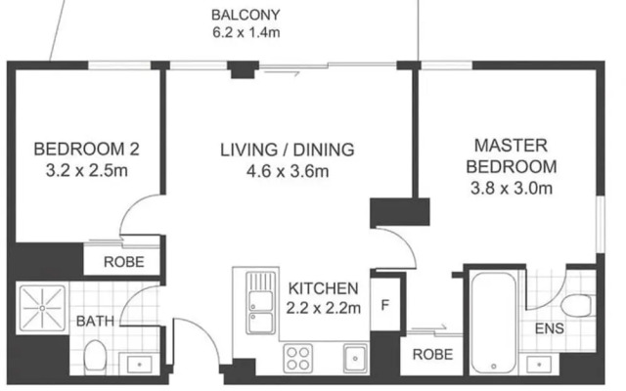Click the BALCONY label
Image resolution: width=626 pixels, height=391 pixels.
click(x=246, y=16)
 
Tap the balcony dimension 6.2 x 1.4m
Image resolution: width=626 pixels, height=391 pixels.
click(x=246, y=32)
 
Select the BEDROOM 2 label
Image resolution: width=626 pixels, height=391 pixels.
click(x=87, y=150)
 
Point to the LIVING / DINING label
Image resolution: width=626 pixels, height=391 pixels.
click(x=287, y=150)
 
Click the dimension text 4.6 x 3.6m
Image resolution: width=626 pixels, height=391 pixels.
click(x=288, y=172)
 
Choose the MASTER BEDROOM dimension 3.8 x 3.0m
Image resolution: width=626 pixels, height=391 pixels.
click(x=512, y=188)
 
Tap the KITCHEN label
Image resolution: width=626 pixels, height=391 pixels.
click(x=323, y=288)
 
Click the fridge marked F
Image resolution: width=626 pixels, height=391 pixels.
click(x=384, y=305)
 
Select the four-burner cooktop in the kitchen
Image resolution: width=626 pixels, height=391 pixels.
click(x=297, y=358)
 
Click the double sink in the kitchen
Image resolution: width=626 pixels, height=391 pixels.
click(x=261, y=303)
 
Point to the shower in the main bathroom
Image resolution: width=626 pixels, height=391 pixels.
click(x=42, y=308)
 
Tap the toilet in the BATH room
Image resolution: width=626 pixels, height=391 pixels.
click(x=95, y=356)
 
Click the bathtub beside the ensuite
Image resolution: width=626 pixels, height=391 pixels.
click(x=493, y=324)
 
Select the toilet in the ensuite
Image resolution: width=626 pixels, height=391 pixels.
click(x=576, y=306)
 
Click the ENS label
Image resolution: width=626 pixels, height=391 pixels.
click(x=550, y=328)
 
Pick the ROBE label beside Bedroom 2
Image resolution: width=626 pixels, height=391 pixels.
click(x=124, y=262)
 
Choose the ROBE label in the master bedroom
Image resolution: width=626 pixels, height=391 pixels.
click(x=432, y=354)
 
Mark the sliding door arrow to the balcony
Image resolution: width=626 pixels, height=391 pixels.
click(x=282, y=73)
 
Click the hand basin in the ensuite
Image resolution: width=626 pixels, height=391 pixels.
click(x=539, y=365)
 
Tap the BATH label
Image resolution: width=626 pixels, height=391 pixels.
click(x=95, y=321)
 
